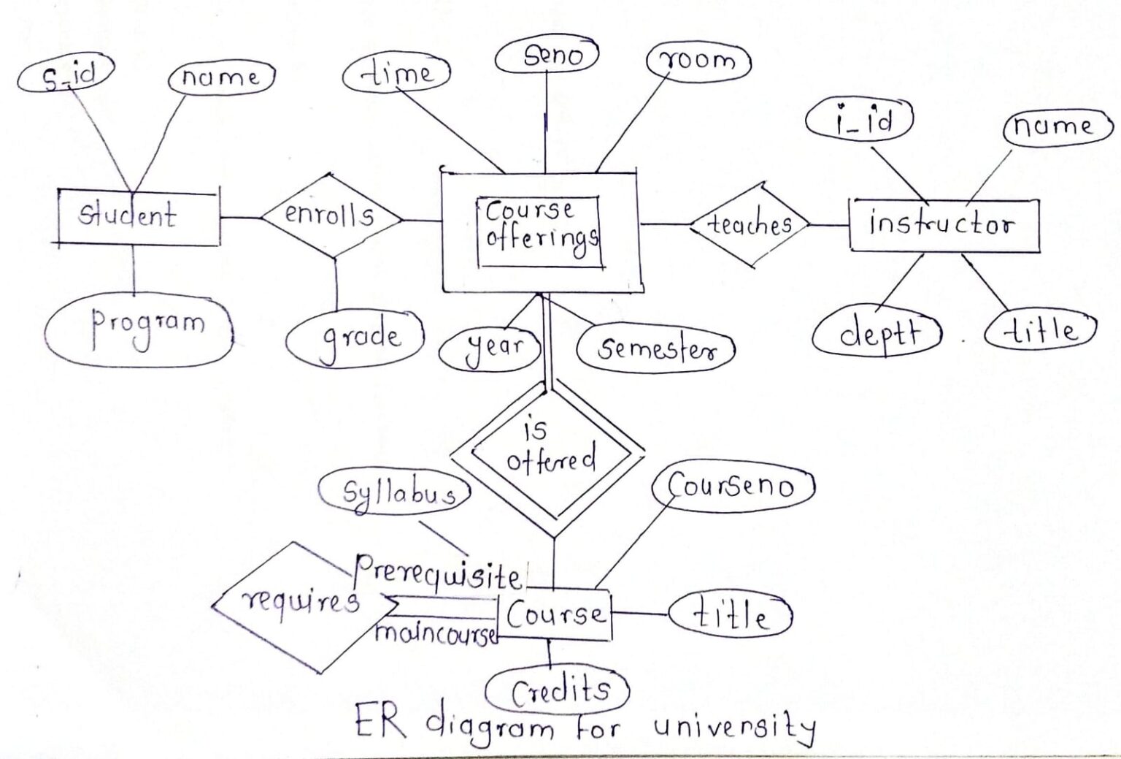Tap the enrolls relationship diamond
tap(331, 216)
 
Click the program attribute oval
tap(139, 329)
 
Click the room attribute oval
tap(699, 61)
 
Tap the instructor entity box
tap(943, 224)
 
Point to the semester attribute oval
tap(655, 348)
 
